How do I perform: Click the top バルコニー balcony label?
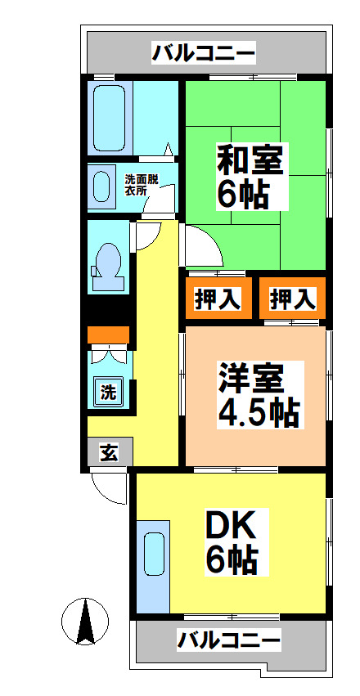tap(204, 54)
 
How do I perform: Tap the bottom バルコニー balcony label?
tap(229, 639)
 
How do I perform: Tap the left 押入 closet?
tap(217, 299)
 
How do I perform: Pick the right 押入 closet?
tap(292, 299)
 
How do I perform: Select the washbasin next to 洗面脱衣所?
tap(103, 186)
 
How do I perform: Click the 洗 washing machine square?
tap(107, 391)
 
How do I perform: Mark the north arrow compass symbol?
tap(83, 622)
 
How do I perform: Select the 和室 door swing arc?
tap(200, 245)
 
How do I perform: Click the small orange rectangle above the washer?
tap(108, 335)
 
